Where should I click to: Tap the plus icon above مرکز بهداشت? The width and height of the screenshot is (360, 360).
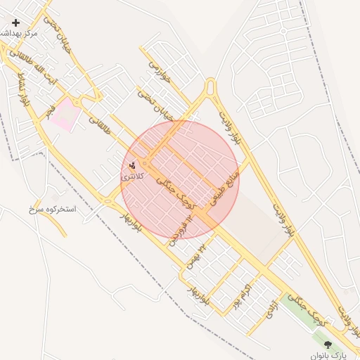click(15, 22)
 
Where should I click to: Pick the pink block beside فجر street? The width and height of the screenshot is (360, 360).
click(64, 114)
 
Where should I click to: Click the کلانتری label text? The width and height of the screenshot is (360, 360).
click(133, 176)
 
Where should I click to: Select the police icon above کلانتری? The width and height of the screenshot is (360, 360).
click(133, 166)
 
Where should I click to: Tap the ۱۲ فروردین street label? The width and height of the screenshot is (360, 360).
click(181, 231)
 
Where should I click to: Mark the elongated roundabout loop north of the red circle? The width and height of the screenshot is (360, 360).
click(210, 89)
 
